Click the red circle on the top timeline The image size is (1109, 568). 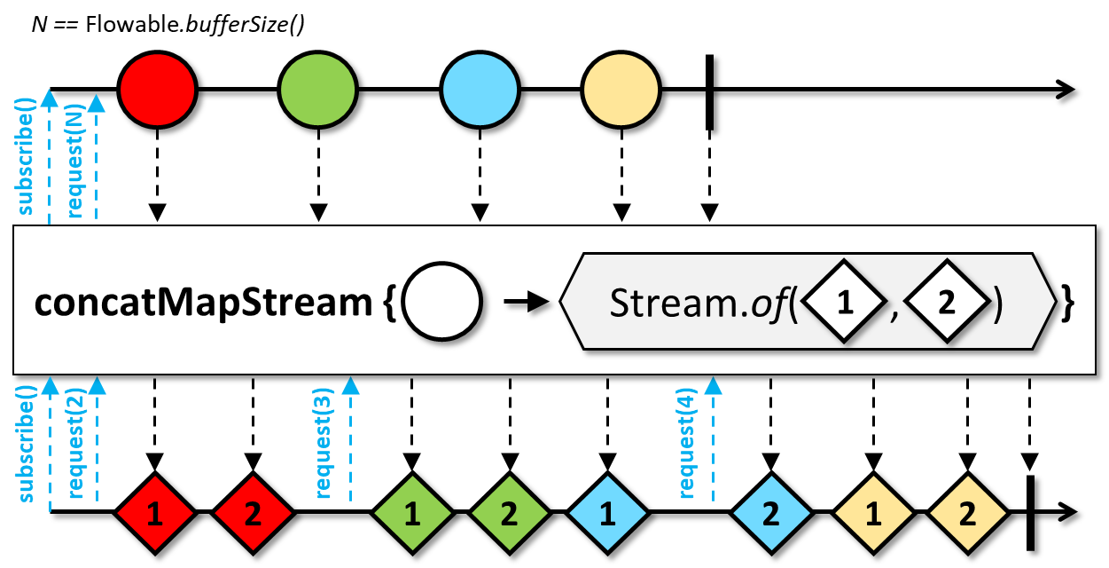[x=157, y=90]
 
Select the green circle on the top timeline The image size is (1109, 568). [x=317, y=90]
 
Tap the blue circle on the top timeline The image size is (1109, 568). [x=479, y=90]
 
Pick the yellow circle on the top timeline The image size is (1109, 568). [x=621, y=90]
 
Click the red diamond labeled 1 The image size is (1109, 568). [x=155, y=513]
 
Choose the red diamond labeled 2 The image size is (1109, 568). [x=253, y=513]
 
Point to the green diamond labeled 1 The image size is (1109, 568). [x=411, y=513]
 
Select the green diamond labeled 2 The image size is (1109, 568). [x=509, y=513]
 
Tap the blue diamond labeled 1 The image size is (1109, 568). [x=607, y=513]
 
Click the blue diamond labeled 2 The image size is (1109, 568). [x=770, y=513]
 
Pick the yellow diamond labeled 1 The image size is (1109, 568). [x=873, y=513]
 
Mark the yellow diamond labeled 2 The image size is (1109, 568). [x=967, y=513]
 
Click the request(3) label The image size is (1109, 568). [x=324, y=444]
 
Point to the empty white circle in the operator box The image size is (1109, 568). [x=441, y=304]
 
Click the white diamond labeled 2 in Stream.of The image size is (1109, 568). [x=946, y=304]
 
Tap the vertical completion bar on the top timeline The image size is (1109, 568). [x=709, y=91]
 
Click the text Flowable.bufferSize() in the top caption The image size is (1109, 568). [x=195, y=25]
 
